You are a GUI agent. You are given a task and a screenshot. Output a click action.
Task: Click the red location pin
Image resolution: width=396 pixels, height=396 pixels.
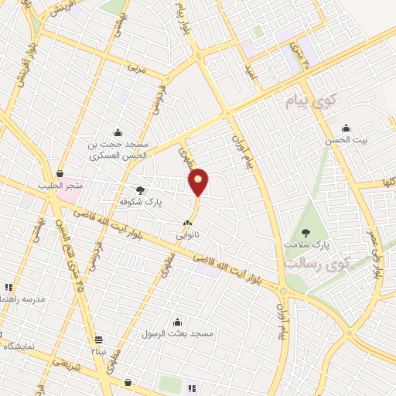coord(199,181)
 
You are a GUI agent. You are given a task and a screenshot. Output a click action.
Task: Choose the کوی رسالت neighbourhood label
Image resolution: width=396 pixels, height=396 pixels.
coord(317,263)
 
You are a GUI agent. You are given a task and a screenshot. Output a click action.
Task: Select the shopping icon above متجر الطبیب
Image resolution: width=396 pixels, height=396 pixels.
coord(60,173)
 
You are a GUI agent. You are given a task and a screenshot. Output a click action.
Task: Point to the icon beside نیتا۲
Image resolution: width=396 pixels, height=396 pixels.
coord(98,340)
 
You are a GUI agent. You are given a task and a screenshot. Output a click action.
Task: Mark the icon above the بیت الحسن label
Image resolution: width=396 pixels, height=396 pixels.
coord(346,128)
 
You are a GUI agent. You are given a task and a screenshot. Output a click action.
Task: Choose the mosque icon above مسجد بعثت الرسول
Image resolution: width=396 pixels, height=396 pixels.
coord(181,319)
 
